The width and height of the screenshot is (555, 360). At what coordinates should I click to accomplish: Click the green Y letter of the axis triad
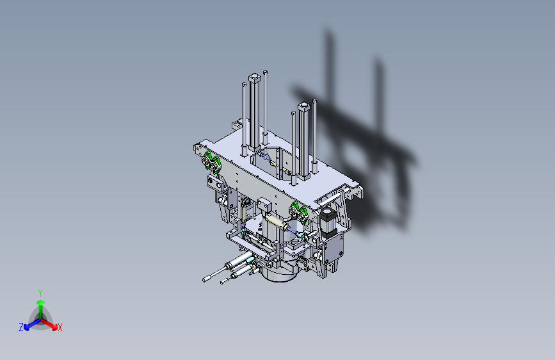point(40,293)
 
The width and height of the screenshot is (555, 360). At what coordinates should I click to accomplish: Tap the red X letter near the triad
point(60,328)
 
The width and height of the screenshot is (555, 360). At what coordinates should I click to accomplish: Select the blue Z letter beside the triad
point(21,327)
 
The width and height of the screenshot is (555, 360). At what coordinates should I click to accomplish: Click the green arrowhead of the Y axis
point(41,302)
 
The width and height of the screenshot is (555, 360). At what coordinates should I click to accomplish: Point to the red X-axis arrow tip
point(54,327)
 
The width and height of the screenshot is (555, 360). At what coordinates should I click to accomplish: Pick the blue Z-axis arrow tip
point(26,328)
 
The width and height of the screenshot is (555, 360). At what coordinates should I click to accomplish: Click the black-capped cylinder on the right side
point(328,223)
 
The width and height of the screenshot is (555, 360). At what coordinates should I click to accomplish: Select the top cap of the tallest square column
point(255,78)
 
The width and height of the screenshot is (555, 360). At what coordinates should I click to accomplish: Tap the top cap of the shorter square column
point(304,106)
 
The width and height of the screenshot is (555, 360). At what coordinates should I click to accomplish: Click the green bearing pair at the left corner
point(211,162)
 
